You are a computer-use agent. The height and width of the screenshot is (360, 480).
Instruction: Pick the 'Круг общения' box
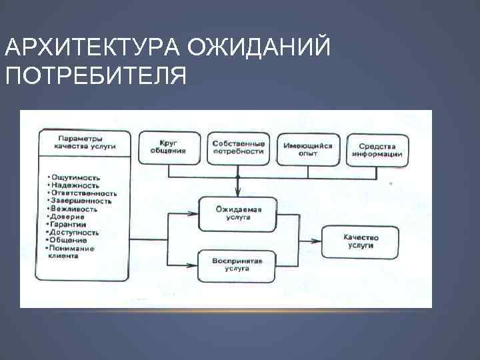click(x=169, y=147)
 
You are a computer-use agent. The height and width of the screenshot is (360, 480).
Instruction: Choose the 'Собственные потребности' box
click(x=238, y=147)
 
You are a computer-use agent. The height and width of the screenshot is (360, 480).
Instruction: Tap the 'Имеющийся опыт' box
click(x=309, y=149)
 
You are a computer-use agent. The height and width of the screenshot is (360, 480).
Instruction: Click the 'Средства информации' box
click(x=377, y=149)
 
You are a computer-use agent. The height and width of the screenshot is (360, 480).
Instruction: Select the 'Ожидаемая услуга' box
click(x=238, y=213)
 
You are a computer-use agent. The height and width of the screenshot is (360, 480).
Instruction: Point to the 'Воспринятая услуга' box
click(x=237, y=265)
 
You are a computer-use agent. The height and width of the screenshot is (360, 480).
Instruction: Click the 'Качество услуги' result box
click(x=361, y=241)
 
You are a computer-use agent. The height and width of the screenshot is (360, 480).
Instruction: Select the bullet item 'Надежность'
click(x=75, y=186)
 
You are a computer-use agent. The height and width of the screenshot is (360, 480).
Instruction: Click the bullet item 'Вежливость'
click(x=74, y=209)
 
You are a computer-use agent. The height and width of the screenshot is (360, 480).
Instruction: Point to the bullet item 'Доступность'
click(x=74, y=233)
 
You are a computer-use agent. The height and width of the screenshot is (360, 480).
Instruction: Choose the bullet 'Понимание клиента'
click(x=72, y=251)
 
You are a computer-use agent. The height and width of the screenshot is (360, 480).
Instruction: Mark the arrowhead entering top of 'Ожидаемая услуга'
click(x=238, y=193)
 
